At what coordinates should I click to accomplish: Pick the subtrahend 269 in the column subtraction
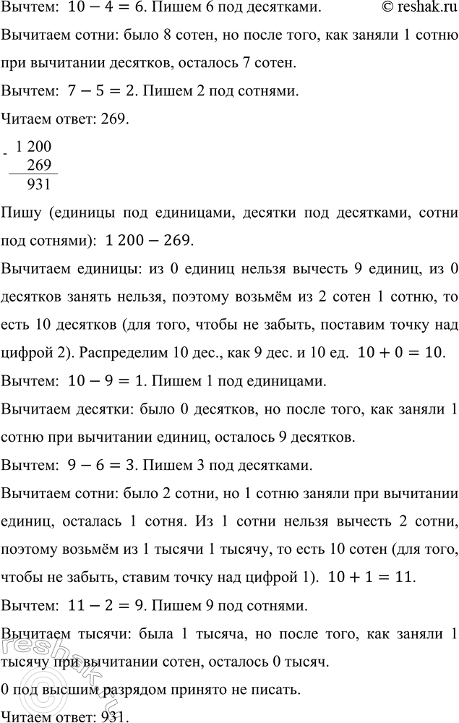click(x=38, y=166)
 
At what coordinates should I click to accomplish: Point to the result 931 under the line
click(x=38, y=185)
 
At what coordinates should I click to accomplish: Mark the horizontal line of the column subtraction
click(x=33, y=176)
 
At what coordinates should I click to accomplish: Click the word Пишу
click(x=22, y=214)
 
